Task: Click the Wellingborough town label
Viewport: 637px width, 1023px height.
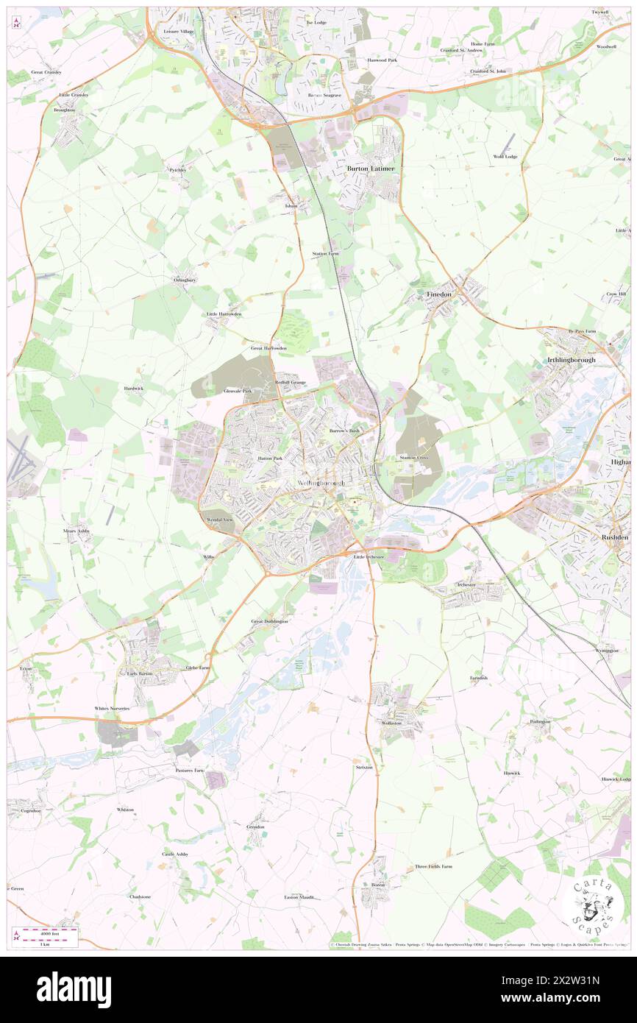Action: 321,483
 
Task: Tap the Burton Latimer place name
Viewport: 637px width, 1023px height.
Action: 371,169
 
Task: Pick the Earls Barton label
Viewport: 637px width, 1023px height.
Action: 138,673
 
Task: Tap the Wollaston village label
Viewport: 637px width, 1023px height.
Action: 392,723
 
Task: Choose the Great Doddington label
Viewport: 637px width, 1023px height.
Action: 270,622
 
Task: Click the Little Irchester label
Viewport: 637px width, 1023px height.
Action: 370,558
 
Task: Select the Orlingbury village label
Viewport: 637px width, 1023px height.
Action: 185,280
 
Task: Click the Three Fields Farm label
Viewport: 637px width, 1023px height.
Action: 434,866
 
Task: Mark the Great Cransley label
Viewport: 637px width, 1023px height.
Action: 46,72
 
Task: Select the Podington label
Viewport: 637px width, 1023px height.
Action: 540,721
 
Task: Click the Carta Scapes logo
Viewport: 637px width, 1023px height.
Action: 592,906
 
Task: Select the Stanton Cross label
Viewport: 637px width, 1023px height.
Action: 413,457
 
